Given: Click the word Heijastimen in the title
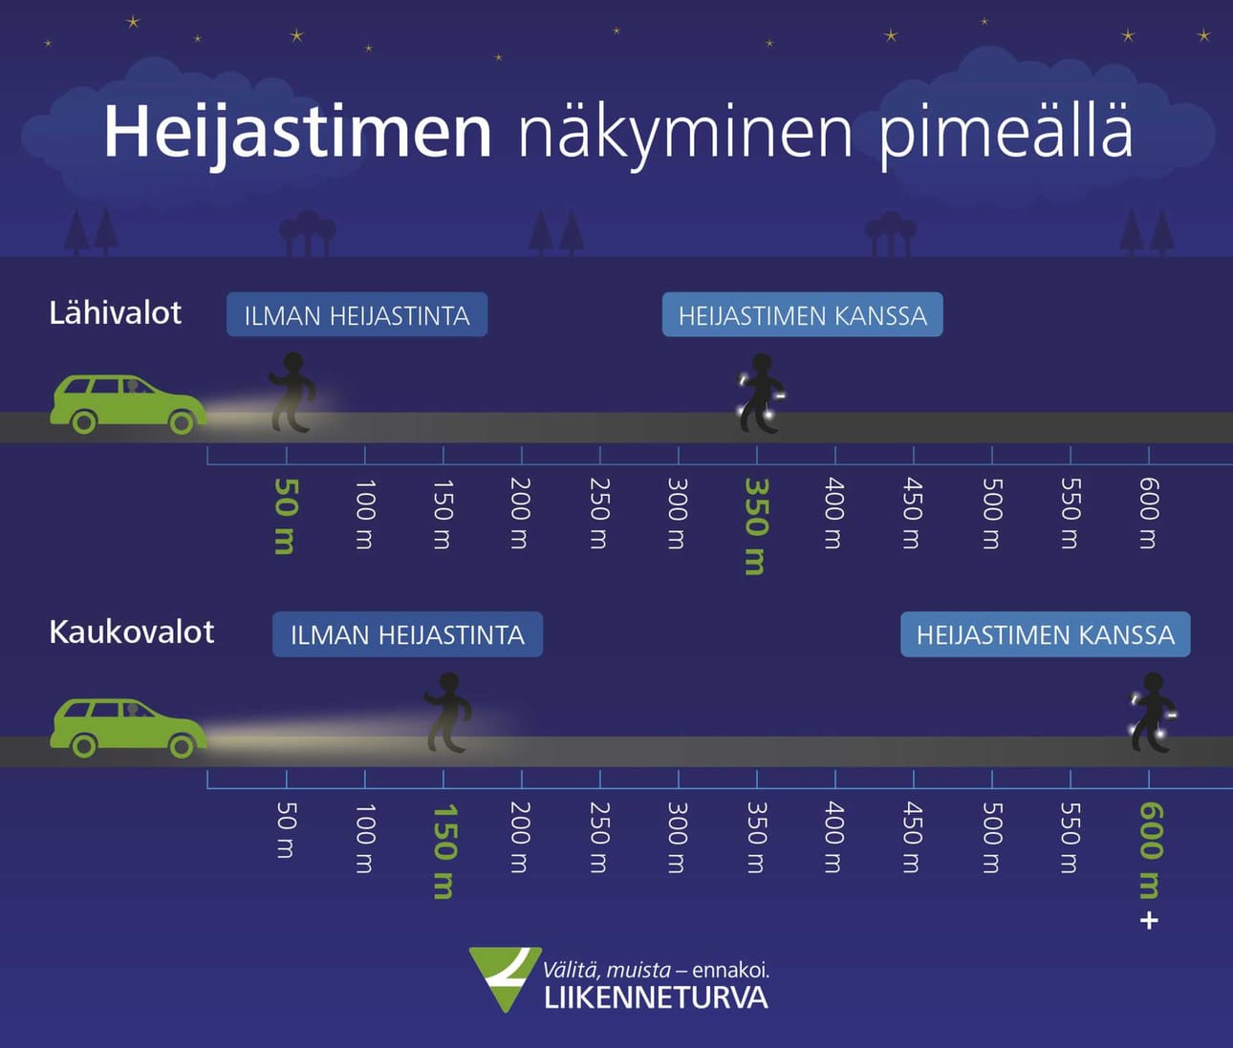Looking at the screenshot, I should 297,131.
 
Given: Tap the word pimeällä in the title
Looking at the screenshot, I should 1006,133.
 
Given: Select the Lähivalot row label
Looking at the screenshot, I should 115,313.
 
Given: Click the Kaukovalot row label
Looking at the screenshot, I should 131,632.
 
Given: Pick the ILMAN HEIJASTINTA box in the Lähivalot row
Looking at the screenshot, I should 357,315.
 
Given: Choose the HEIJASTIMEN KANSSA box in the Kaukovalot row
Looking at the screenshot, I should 1045,634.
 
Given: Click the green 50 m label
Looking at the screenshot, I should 286,516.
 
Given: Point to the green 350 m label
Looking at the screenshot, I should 756,526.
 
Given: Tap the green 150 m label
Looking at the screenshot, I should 443,850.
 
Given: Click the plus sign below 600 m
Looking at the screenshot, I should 1149,921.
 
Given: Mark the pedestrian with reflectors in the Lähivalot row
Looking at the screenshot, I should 762,394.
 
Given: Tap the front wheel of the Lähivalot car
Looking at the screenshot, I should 182,421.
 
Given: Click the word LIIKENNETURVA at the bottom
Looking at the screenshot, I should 656,998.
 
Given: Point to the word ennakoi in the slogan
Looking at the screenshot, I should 730,970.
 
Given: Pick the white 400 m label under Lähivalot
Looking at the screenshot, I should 834,513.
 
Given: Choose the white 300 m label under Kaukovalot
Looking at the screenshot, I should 678,837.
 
